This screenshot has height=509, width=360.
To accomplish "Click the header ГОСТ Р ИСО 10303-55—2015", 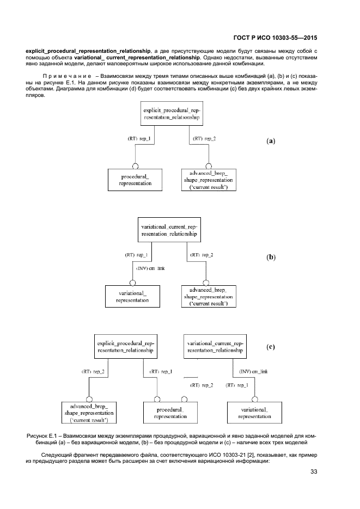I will point(275,38).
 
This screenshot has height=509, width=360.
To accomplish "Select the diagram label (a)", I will point(271,141).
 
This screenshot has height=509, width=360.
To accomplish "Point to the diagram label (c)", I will point(271,346).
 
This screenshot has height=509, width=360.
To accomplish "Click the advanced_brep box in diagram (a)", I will point(209,180).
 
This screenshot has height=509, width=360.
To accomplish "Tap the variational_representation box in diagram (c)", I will point(254,413).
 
